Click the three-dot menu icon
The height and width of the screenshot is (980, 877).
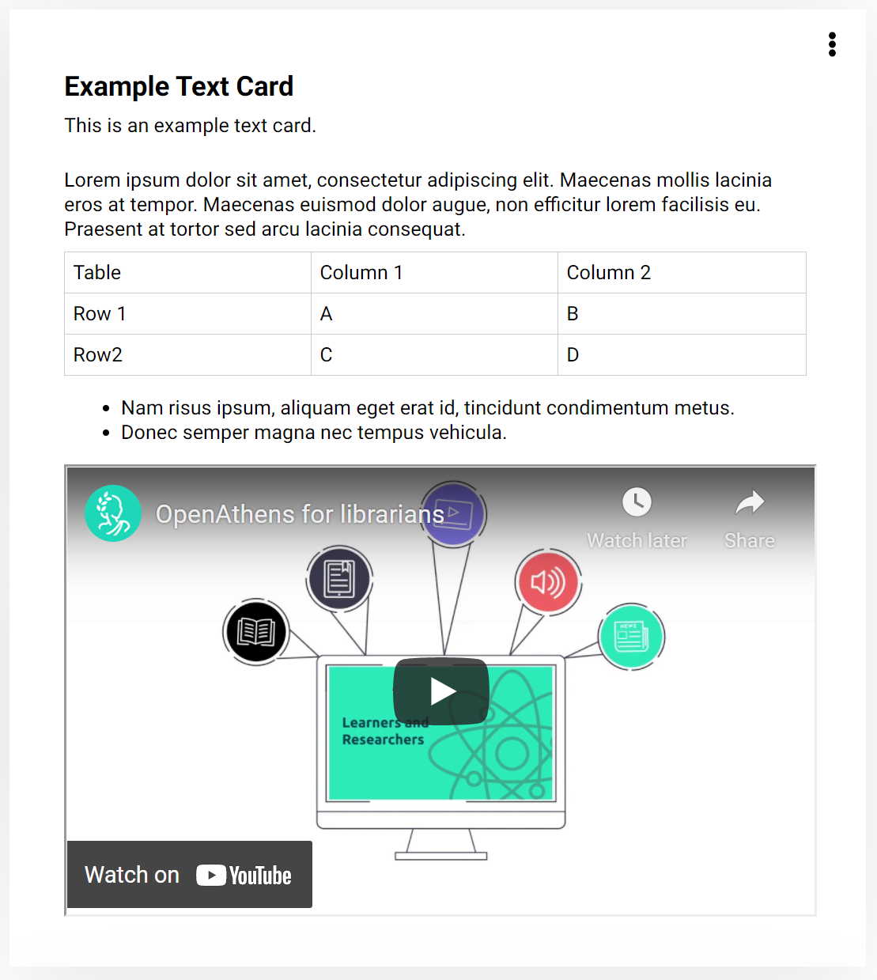coord(832,44)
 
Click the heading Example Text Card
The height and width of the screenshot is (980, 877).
coord(179,86)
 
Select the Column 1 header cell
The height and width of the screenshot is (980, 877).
coord(434,273)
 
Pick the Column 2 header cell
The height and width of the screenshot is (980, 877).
coord(681,273)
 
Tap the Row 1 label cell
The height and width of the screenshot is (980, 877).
coord(187,314)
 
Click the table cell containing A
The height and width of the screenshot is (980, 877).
coord(434,314)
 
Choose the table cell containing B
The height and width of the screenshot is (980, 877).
coord(681,314)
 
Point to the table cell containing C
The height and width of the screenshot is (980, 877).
coord(434,355)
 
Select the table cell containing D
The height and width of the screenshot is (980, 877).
coord(681,355)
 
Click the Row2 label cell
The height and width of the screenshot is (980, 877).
coord(187,355)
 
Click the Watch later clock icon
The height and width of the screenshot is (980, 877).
coord(637,501)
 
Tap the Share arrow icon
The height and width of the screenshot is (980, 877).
coord(749,501)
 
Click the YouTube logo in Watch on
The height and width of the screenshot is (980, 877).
coord(244,875)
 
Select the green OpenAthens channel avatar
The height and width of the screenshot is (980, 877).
coord(113,513)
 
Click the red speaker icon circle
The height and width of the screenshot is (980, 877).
coord(548,583)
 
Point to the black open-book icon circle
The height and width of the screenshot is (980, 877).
coord(255,631)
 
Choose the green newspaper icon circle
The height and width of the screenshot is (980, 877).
coord(631,636)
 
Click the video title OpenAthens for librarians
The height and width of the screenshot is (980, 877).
coord(300,514)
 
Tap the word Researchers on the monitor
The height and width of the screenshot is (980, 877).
coord(383,740)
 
